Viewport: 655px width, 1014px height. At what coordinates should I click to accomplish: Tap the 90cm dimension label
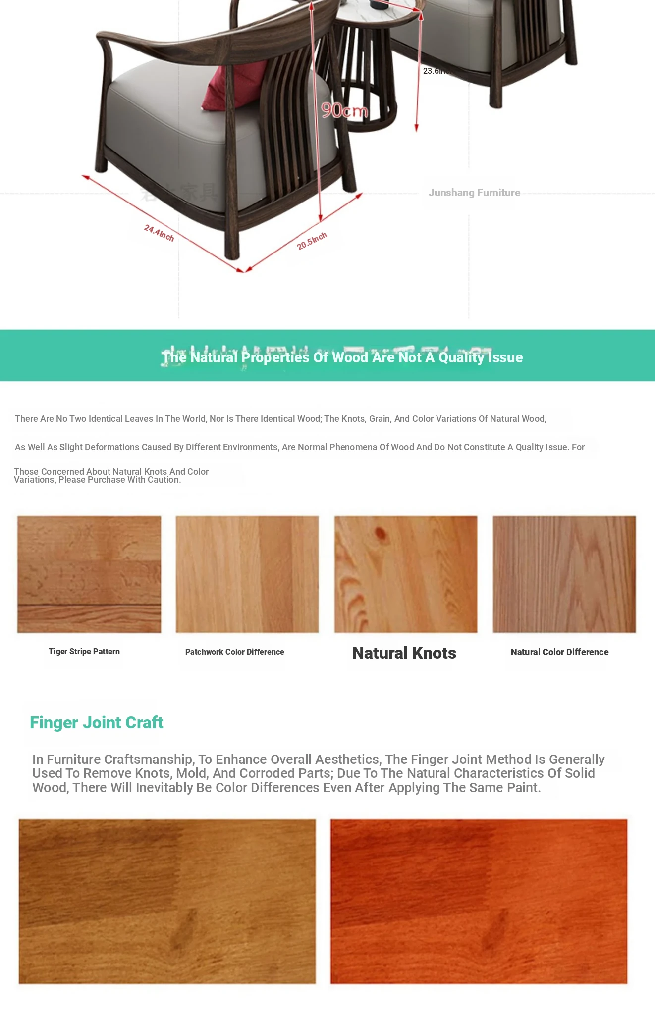pos(344,110)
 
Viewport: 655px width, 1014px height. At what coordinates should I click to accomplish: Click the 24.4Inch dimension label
pos(159,233)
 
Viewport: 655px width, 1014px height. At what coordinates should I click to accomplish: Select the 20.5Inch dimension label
pos(312,241)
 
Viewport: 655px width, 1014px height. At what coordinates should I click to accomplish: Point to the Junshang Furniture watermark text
pos(474,193)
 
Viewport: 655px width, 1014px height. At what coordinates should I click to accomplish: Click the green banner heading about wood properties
pos(342,357)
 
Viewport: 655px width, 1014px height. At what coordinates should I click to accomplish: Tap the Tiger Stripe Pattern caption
pos(84,651)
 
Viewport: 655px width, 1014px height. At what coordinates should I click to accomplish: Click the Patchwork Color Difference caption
pos(234,652)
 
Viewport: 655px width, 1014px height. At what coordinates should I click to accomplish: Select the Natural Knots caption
pos(404,653)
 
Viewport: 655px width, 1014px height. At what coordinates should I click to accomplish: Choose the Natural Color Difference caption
pos(559,652)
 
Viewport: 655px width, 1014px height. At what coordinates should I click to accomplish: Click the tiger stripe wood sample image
pos(89,574)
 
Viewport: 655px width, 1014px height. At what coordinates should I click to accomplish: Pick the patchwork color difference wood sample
pos(247,574)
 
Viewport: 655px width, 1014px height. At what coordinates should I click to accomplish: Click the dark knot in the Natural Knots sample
pos(381,533)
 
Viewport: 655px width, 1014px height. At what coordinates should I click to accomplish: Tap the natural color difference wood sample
pos(564,574)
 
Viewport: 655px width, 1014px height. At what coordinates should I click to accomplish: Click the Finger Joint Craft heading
pos(97,723)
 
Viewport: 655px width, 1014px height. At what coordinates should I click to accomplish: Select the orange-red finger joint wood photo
pos(479,901)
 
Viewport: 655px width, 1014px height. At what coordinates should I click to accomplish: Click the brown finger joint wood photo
pos(167,901)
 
